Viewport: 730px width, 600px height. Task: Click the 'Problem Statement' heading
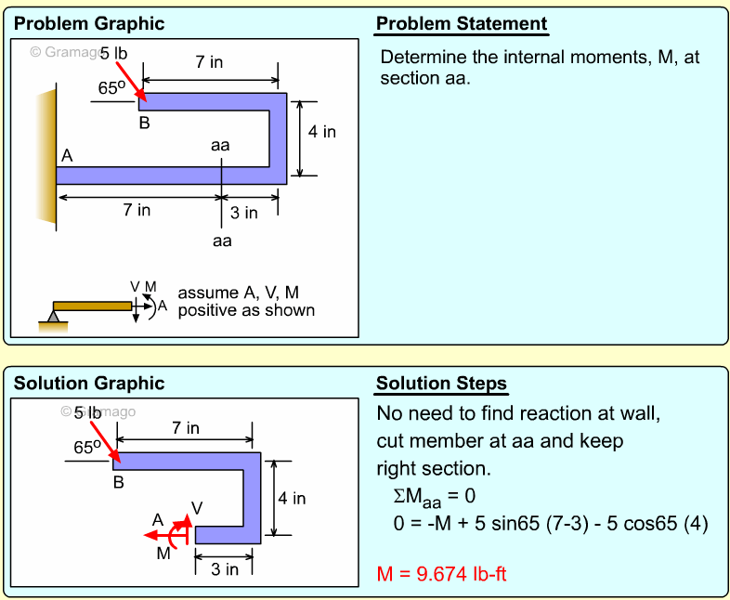tap(462, 24)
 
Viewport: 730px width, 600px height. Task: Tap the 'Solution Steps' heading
tap(441, 384)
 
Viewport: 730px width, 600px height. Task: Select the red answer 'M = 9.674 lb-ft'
tap(441, 574)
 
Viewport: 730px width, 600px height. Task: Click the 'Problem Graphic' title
tap(89, 24)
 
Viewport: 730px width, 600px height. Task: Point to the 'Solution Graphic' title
tap(89, 384)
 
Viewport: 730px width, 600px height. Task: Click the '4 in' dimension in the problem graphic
tap(322, 132)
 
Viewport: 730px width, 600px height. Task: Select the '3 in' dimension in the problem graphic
tap(244, 213)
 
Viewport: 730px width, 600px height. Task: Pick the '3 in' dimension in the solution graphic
tap(224, 569)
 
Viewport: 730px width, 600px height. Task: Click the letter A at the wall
tap(67, 156)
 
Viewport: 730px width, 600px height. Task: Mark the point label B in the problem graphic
tap(145, 123)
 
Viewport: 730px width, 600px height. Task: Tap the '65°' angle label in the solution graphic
tap(88, 447)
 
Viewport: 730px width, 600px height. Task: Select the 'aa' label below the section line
tap(221, 241)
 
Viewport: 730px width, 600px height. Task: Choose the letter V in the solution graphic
tap(196, 507)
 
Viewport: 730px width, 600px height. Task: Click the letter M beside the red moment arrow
tap(163, 554)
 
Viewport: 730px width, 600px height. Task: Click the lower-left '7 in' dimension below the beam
tap(137, 210)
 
